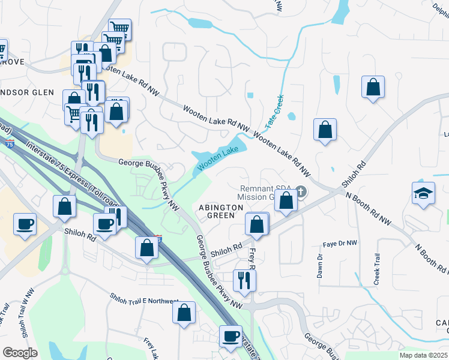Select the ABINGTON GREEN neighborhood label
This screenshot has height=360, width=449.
[221, 211]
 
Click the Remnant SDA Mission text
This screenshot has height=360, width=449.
[264, 192]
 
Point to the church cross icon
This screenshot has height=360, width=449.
[301, 192]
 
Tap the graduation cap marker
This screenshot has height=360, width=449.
[423, 193]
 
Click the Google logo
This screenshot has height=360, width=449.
[20, 353]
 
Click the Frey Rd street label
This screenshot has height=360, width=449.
[252, 259]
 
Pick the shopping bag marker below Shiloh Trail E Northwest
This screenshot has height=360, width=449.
[184, 313]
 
